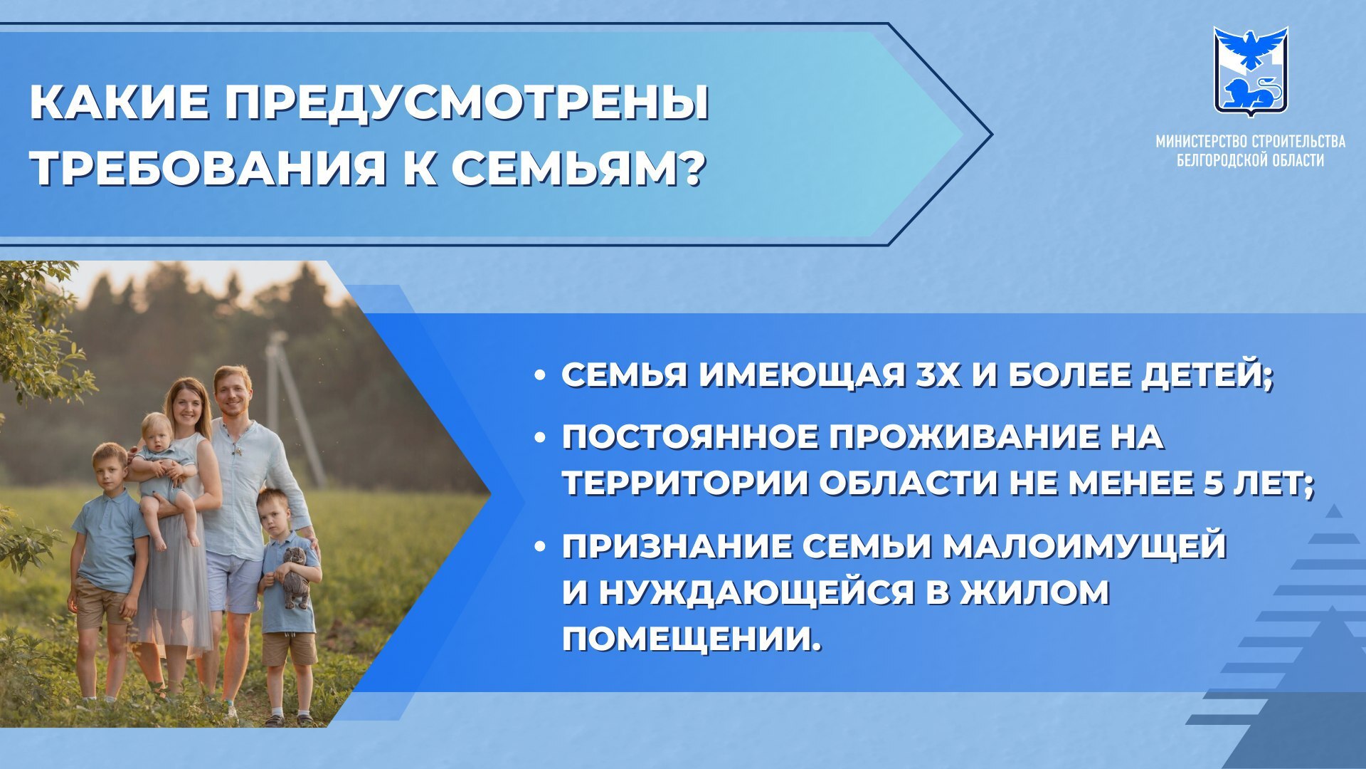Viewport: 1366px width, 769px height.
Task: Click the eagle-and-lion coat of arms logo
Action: pos(1251,71)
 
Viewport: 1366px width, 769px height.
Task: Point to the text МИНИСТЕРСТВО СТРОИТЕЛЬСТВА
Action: pos(1251,141)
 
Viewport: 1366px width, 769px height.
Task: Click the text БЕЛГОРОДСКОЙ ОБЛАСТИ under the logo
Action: pos(1251,160)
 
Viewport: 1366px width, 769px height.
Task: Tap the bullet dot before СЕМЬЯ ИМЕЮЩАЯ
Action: pos(541,375)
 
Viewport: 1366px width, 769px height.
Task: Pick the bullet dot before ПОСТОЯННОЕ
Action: pos(541,436)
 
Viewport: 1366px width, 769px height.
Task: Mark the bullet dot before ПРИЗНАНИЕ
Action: pos(541,546)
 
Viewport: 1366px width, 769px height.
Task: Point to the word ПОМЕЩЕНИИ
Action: pos(692,639)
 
